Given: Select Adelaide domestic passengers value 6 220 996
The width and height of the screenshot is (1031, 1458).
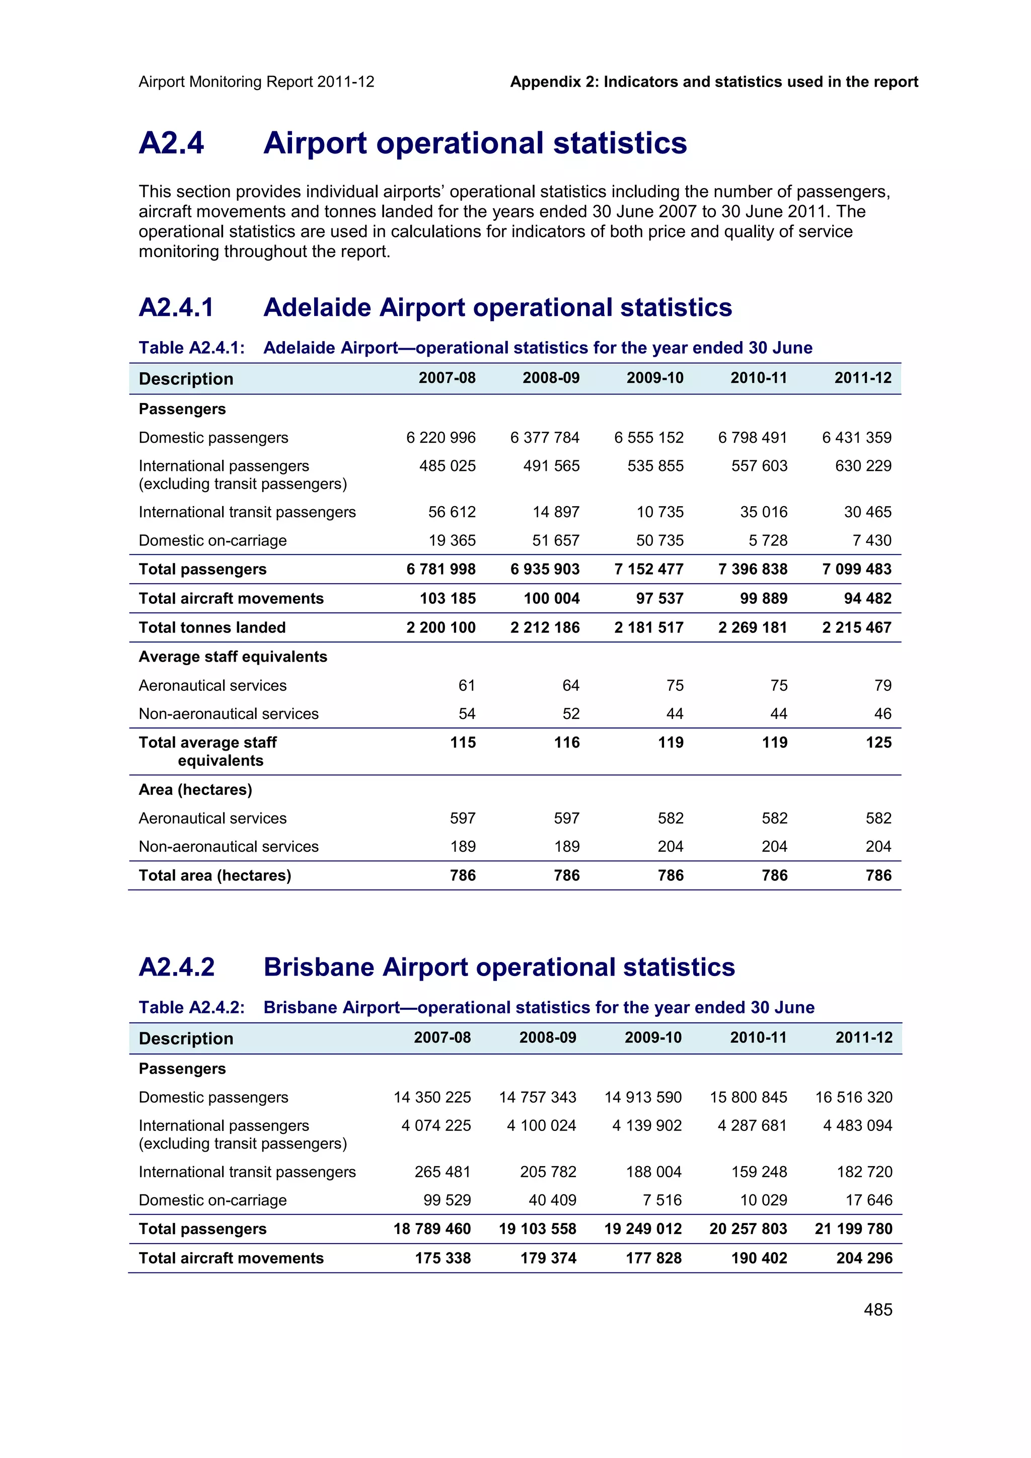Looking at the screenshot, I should tap(441, 438).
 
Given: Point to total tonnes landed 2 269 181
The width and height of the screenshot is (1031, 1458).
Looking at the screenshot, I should tap(753, 627).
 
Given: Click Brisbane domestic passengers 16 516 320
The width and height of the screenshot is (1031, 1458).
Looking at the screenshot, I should tap(854, 1097).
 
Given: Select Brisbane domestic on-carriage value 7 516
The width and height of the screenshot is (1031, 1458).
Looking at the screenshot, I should tap(662, 1200).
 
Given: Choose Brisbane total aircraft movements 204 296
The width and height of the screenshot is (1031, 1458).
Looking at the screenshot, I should tap(864, 1258).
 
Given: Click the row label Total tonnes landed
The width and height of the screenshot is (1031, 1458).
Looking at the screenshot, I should tap(212, 627).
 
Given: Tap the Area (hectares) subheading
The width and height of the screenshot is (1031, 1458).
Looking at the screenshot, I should tap(195, 789).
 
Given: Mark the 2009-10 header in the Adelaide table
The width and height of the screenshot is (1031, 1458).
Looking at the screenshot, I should tap(655, 378).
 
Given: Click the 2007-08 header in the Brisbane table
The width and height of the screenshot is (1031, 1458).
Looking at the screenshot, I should tap(442, 1037).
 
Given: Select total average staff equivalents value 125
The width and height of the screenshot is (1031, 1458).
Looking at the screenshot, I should tap(878, 743).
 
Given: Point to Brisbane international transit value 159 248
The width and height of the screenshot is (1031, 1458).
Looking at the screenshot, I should tap(759, 1172).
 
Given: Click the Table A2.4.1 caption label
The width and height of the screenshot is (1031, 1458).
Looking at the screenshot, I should tap(191, 348).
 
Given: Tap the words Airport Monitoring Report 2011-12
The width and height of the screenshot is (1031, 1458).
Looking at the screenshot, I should tap(256, 82).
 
